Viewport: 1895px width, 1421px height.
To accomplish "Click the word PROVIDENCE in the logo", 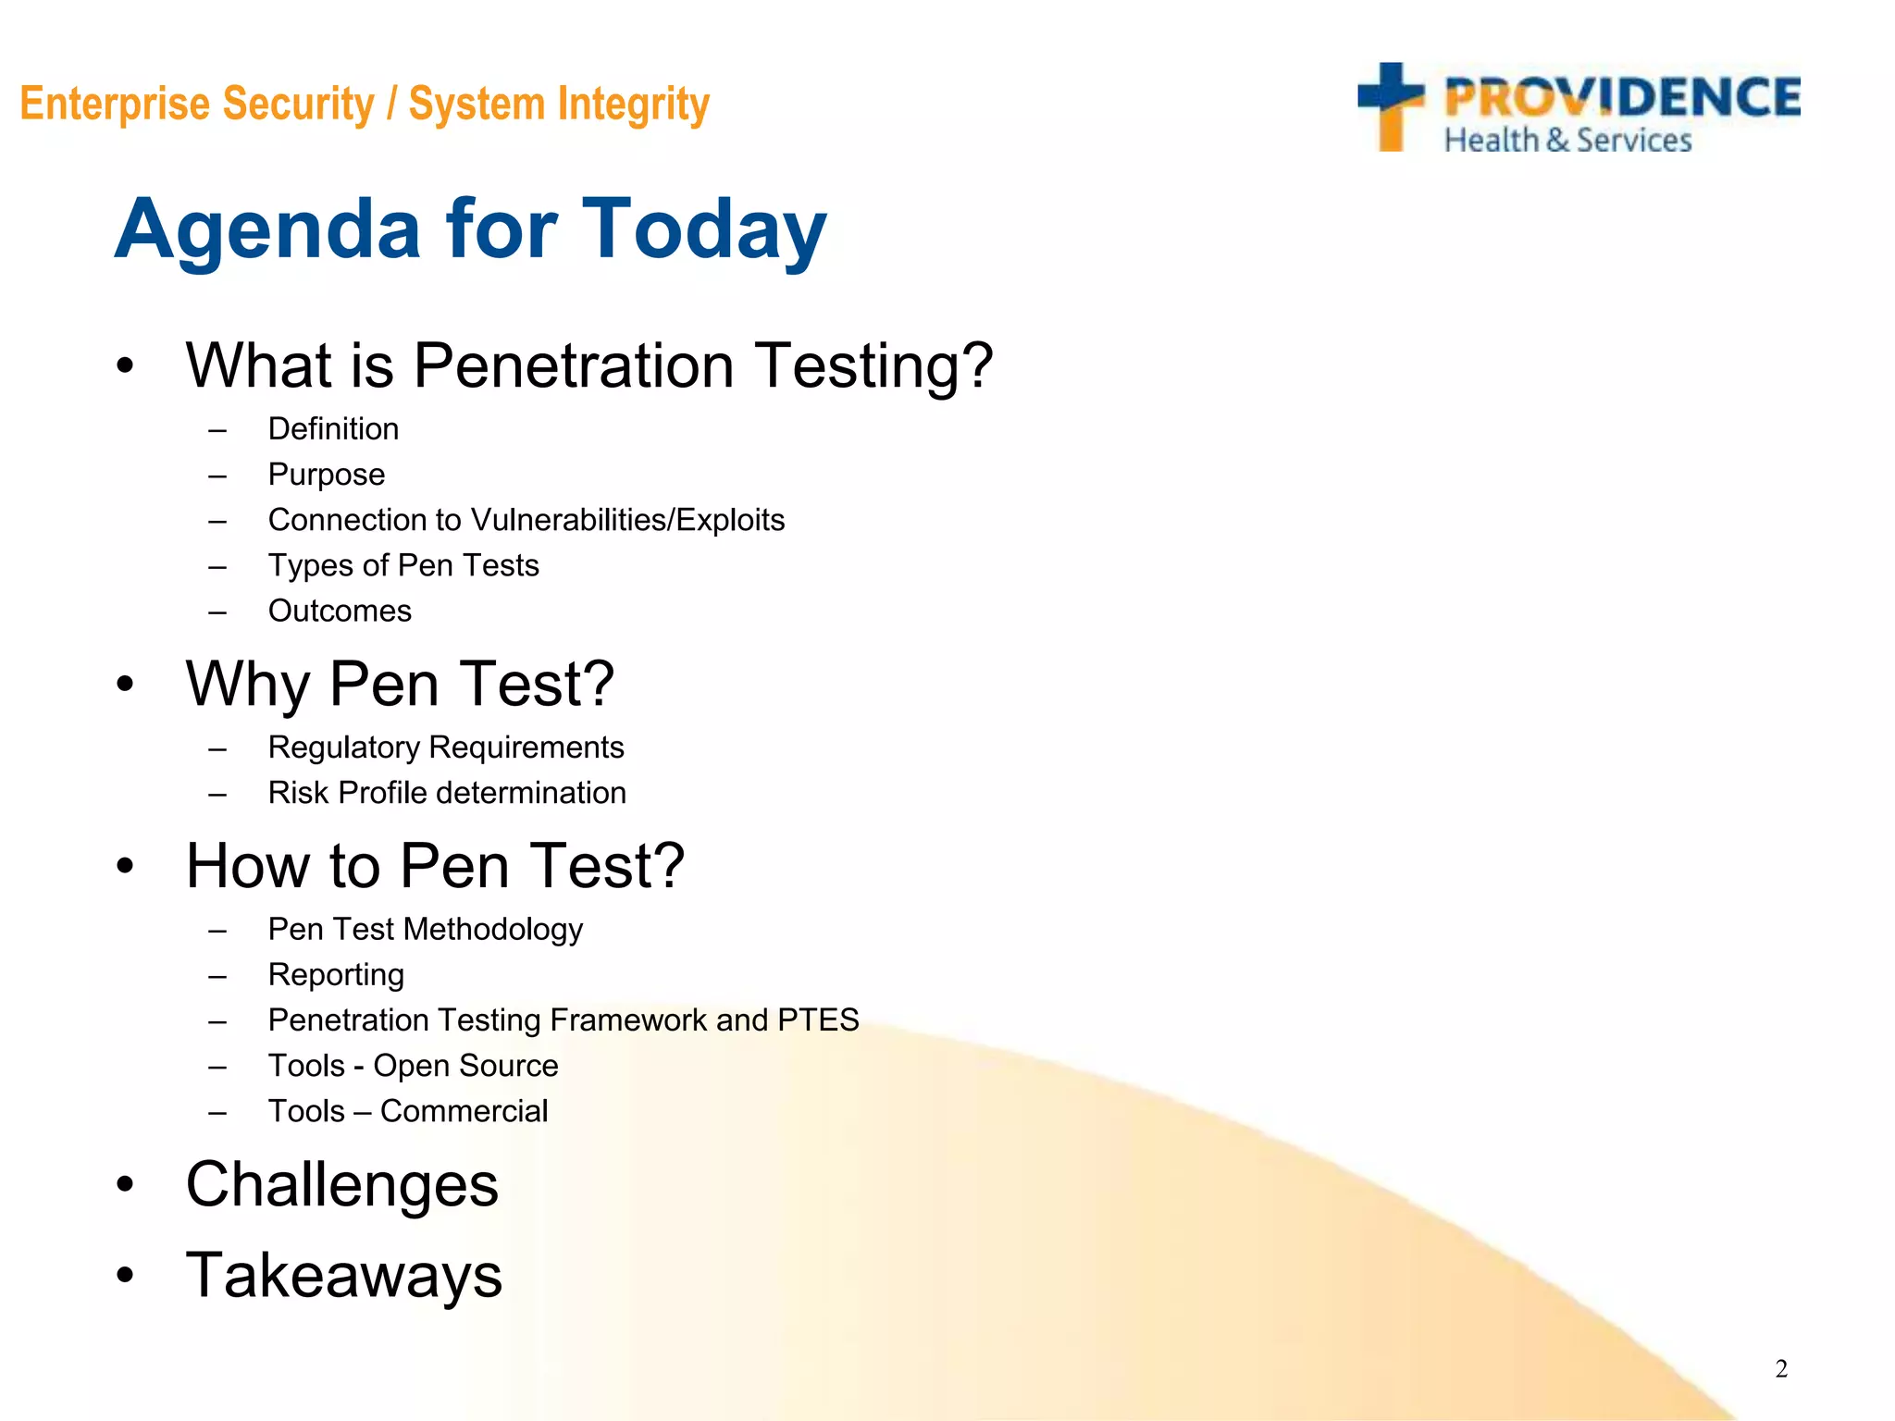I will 1622,98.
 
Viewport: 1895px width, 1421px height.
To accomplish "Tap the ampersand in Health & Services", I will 1557,141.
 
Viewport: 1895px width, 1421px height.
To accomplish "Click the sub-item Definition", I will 333,429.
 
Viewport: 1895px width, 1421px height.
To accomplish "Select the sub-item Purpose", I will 326,475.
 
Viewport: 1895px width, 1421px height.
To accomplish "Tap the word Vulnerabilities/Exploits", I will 627,520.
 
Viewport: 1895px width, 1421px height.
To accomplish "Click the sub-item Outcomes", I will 340,612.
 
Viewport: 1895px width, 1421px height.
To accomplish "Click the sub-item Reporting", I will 336,975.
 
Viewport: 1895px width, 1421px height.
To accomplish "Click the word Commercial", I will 464,1111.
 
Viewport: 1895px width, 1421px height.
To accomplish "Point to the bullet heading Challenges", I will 342,1185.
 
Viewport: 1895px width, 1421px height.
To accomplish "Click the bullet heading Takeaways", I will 344,1276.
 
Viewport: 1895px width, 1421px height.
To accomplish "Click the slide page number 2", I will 1781,1368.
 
